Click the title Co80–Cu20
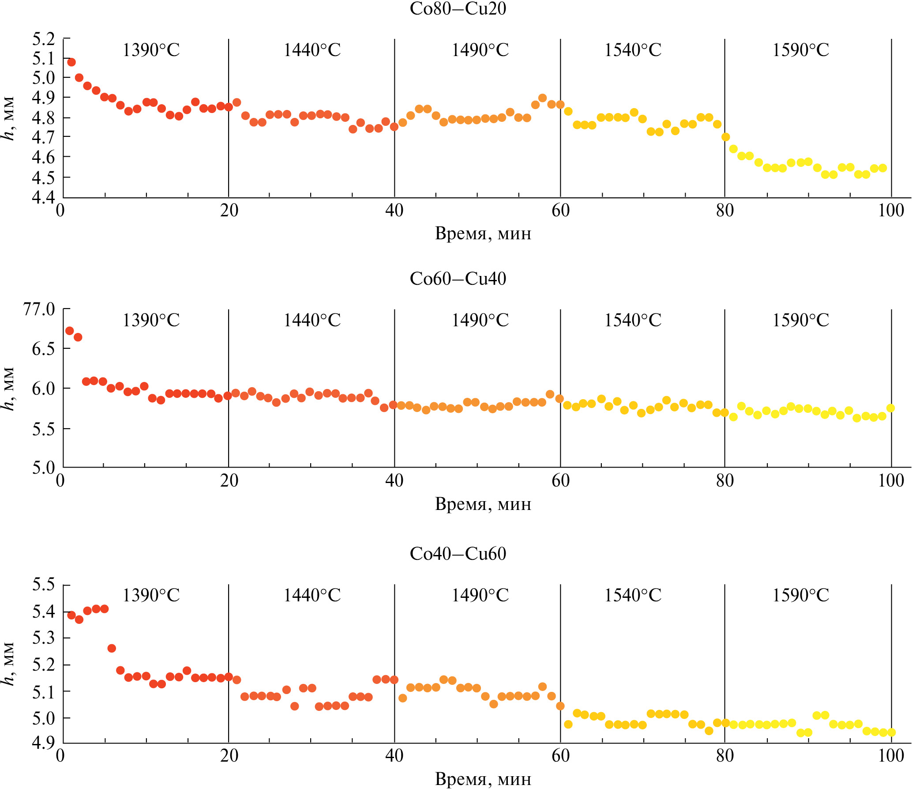click(458, 9)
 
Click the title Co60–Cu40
click(458, 279)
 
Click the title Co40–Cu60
click(458, 554)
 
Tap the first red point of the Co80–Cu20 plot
click(71, 62)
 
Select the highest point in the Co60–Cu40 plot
click(70, 331)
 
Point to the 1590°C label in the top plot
click(800, 50)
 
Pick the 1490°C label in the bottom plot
click(480, 596)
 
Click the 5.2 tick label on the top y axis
click(43, 39)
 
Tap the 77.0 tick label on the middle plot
click(39, 309)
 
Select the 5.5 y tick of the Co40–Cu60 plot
click(43, 585)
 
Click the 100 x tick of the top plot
click(891, 211)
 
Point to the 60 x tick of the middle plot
click(560, 481)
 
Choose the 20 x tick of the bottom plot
click(229, 755)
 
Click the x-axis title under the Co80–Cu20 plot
click(483, 233)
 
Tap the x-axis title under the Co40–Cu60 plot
click(483, 779)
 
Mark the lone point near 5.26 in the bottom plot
click(112, 648)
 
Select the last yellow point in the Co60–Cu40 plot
click(890, 408)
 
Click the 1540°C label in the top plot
click(633, 50)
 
